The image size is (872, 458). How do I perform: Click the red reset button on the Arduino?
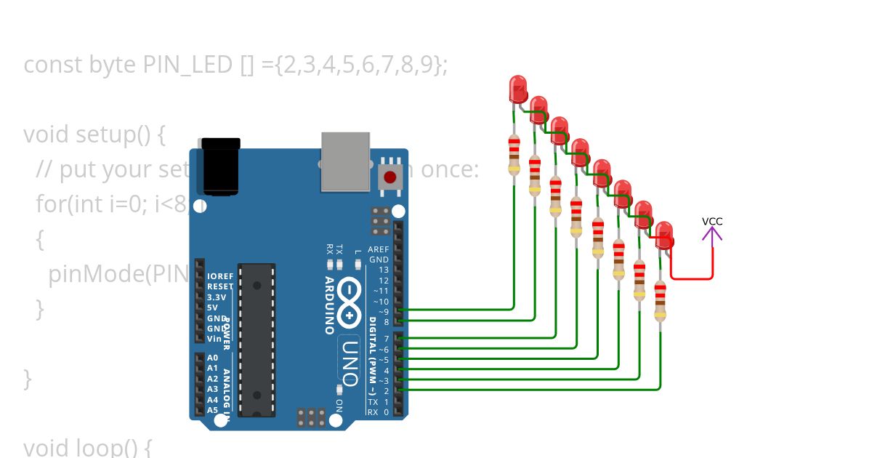(x=390, y=177)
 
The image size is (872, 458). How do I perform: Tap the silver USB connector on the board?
(x=345, y=161)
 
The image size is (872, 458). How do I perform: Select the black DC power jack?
(x=221, y=166)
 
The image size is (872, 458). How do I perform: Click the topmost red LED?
(x=518, y=89)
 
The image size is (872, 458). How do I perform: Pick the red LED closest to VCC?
(x=664, y=235)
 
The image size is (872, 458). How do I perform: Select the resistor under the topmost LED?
(x=514, y=154)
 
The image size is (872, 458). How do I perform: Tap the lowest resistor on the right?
(x=660, y=300)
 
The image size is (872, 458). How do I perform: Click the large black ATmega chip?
(x=257, y=340)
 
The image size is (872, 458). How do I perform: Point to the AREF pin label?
(x=379, y=249)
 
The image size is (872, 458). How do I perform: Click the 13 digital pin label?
(x=383, y=270)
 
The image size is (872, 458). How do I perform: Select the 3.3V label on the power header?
(x=217, y=297)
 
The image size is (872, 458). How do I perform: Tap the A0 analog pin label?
(x=212, y=358)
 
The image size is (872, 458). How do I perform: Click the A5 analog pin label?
(x=212, y=410)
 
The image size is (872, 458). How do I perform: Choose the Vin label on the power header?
(x=214, y=339)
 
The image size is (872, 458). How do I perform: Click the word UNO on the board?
(x=350, y=362)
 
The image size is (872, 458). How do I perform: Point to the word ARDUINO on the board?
(x=329, y=305)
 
